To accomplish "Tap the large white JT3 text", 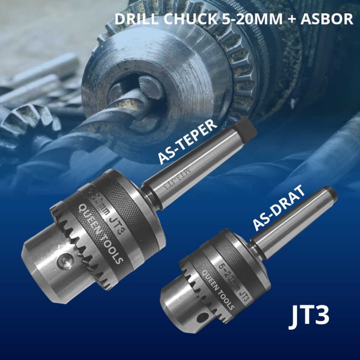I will (x=309, y=315).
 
